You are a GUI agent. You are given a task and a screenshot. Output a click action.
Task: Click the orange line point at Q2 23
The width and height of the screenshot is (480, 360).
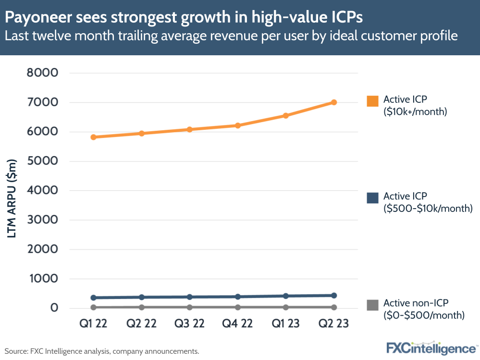(334, 102)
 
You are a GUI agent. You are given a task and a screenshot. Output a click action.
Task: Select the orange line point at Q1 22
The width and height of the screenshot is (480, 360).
(94, 137)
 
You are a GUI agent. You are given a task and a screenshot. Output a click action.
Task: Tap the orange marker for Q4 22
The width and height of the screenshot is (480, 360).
(238, 125)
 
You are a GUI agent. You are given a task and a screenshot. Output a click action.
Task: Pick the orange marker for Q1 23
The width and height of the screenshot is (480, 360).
(286, 115)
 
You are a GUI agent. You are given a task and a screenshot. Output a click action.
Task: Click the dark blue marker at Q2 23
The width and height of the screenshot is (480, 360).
(334, 296)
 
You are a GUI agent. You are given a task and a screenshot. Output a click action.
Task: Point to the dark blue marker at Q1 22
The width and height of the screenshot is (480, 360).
(94, 298)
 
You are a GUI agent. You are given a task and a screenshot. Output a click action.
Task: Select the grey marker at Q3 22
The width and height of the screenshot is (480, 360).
(190, 307)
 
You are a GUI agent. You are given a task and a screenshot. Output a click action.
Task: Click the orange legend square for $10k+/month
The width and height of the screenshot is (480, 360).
(372, 101)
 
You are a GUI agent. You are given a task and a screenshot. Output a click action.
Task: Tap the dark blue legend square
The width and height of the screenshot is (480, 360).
(372, 198)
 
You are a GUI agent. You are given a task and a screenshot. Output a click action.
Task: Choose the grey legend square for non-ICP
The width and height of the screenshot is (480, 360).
(372, 305)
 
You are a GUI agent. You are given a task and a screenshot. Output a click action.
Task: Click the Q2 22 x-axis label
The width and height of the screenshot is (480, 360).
(142, 323)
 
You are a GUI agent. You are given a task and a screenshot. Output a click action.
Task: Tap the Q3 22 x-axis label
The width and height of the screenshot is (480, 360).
(190, 323)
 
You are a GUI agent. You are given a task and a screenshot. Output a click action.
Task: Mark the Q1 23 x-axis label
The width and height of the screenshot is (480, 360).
(286, 323)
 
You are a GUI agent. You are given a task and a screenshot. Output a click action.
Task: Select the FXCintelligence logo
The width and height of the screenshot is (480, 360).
(431, 348)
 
